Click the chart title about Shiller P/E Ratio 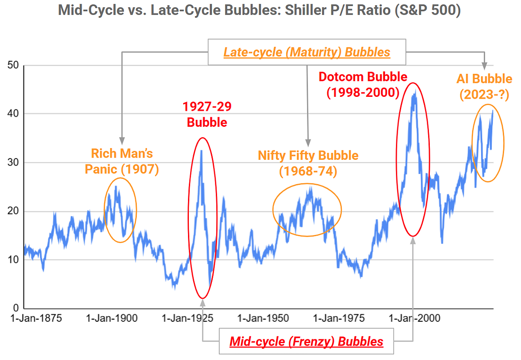click(x=260, y=10)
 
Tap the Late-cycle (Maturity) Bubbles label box click(x=307, y=53)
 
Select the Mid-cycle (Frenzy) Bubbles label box click(x=306, y=341)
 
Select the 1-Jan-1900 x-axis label click(x=112, y=318)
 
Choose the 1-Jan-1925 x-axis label click(x=188, y=318)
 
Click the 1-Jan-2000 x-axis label click(x=415, y=318)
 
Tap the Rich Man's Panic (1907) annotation click(x=122, y=161)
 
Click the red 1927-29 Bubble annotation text click(x=207, y=115)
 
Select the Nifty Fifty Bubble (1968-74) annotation click(x=308, y=163)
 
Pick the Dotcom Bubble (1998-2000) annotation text click(x=363, y=84)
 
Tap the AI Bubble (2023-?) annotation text click(x=484, y=86)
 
